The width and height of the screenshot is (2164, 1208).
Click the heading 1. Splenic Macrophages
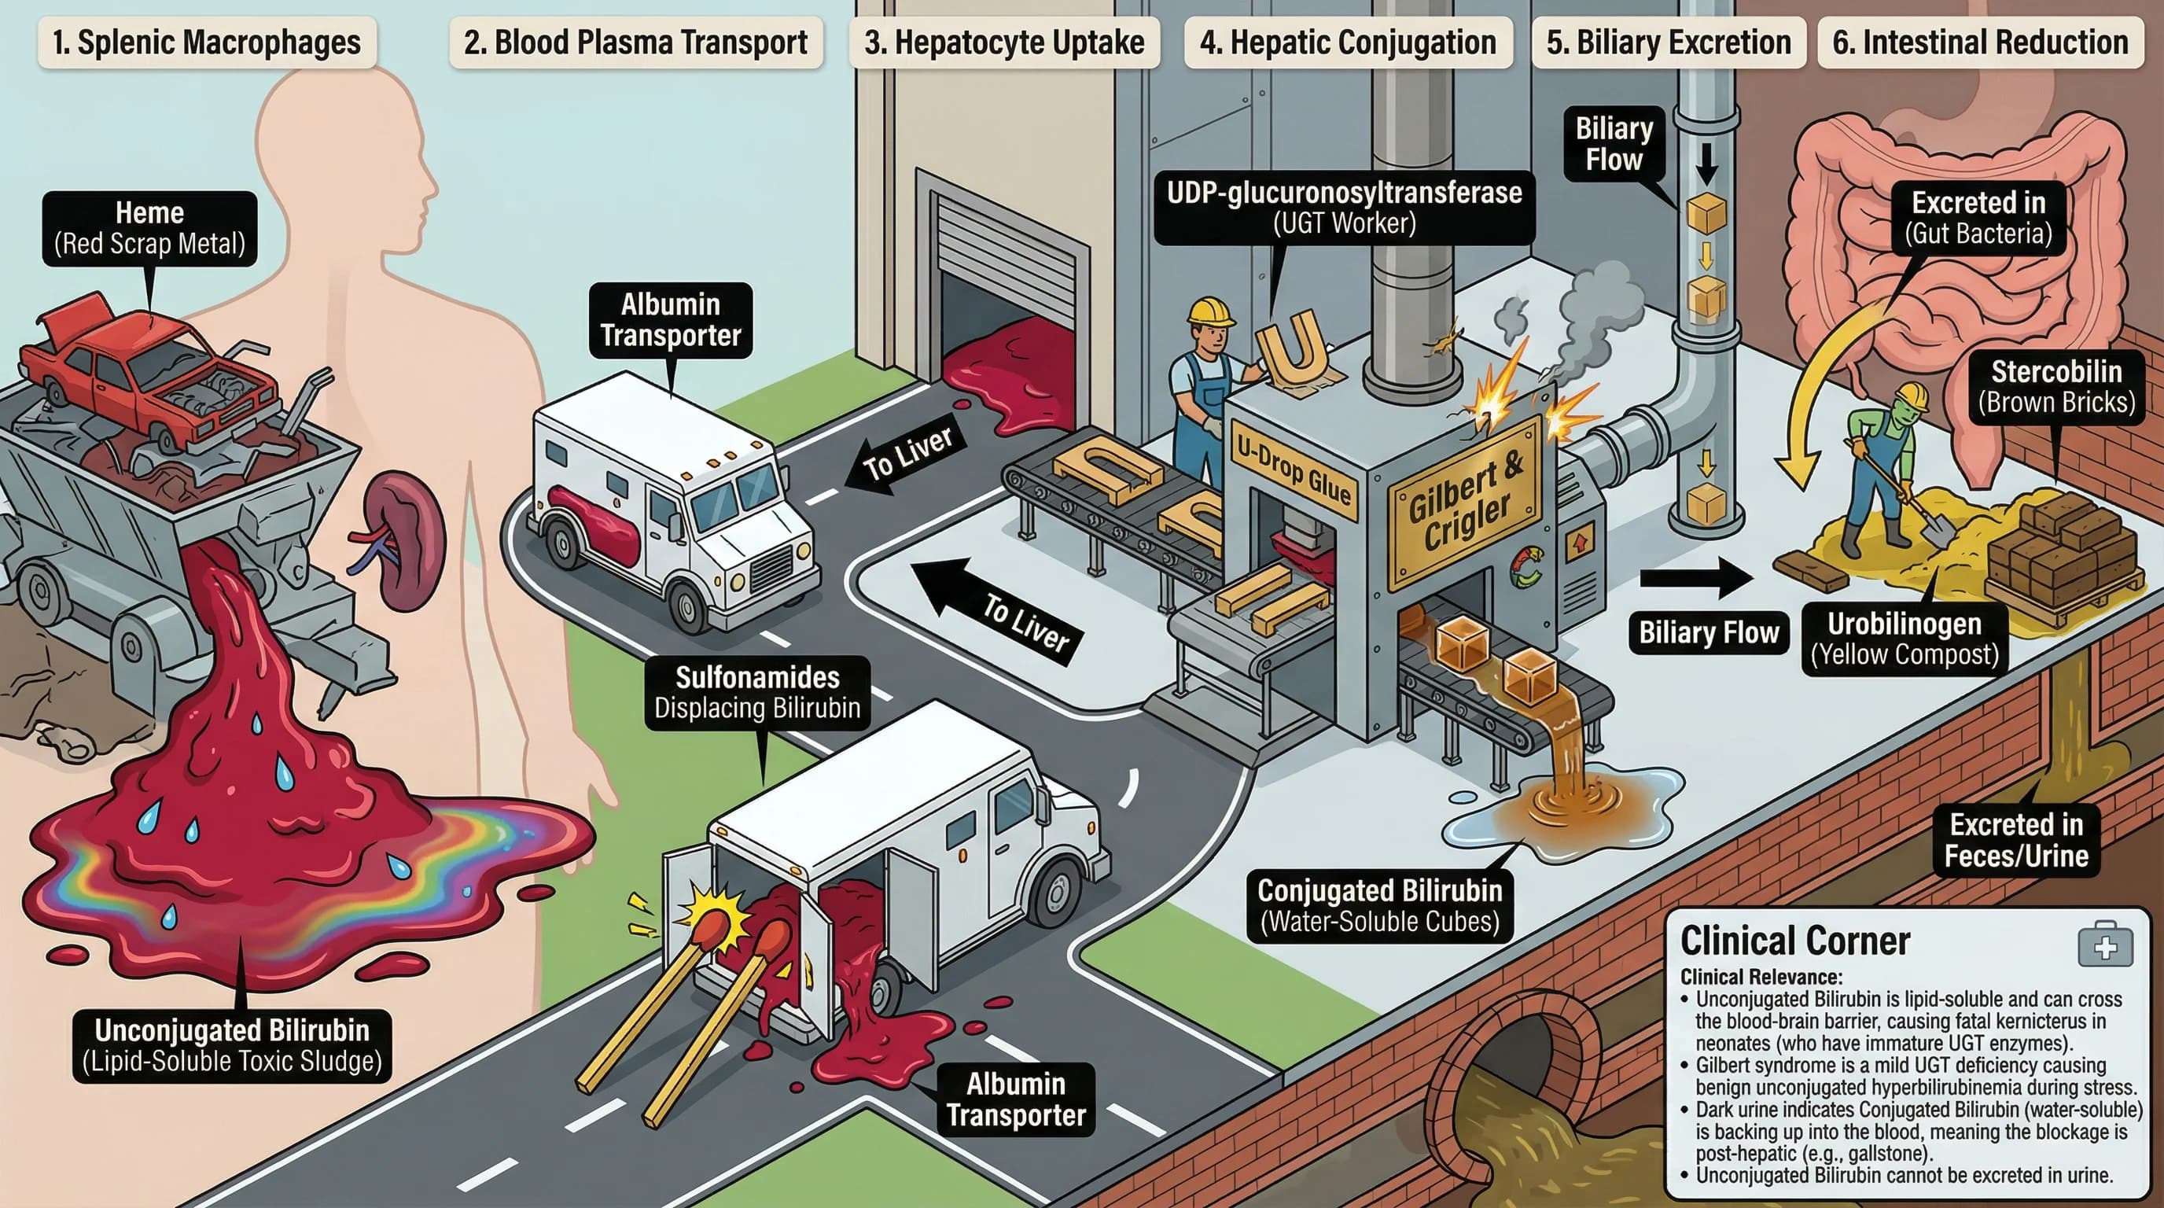point(207,42)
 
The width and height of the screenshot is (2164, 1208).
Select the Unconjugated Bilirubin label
point(232,1045)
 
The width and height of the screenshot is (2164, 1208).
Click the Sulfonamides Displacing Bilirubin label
point(757,692)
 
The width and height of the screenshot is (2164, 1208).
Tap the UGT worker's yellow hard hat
point(1210,311)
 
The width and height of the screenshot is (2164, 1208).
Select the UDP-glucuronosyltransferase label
point(1343,208)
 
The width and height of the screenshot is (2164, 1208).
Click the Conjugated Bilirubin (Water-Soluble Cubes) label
point(1379,905)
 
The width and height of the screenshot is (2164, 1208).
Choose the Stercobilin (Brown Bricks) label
point(2055,387)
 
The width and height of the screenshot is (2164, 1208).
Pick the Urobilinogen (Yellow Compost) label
point(1904,639)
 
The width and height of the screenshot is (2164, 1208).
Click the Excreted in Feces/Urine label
point(2016,840)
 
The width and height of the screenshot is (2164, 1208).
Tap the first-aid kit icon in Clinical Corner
point(2105,946)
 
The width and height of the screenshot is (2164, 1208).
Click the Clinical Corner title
point(1795,941)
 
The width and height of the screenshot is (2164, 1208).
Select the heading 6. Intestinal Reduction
point(1980,42)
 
